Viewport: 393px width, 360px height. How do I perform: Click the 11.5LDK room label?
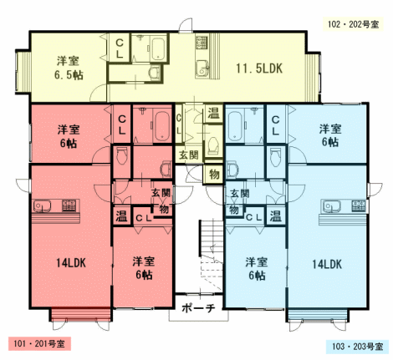pyautogui.click(x=259, y=68)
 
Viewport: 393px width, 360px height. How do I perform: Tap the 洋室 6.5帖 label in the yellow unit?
pyautogui.click(x=69, y=68)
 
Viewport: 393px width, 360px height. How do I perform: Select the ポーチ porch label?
pyautogui.click(x=198, y=308)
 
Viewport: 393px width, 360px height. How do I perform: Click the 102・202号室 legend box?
pyautogui.click(x=353, y=24)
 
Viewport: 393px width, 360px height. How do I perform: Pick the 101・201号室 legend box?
pyautogui.click(x=39, y=343)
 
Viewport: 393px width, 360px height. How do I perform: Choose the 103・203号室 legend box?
pyautogui.click(x=357, y=347)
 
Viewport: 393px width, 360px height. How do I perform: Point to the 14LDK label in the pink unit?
pyautogui.click(x=71, y=263)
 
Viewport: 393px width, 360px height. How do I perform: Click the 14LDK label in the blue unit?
pyautogui.click(x=327, y=264)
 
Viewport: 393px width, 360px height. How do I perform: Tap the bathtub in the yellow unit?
pyautogui.click(x=157, y=49)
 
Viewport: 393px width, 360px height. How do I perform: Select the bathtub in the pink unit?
pyautogui.click(x=162, y=126)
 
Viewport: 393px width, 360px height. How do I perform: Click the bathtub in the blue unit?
pyautogui.click(x=235, y=126)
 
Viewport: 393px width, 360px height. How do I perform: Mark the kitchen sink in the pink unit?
pyautogui.click(x=43, y=206)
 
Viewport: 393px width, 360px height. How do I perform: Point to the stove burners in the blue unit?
pyautogui.click(x=359, y=205)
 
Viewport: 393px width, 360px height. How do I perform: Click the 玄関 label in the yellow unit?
pyautogui.click(x=189, y=155)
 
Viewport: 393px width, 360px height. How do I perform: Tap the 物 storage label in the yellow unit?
pyautogui.click(x=214, y=175)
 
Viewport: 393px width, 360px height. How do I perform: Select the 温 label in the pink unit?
pyautogui.click(x=122, y=215)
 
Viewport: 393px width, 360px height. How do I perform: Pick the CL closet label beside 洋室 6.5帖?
pyautogui.click(x=120, y=48)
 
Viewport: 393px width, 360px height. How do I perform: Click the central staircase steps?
pyautogui.click(x=211, y=256)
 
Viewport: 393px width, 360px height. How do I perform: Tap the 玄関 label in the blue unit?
pyautogui.click(x=240, y=193)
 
